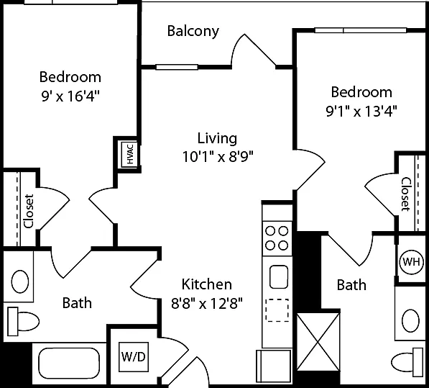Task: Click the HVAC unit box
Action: click(x=129, y=154)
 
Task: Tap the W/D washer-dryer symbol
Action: click(x=134, y=357)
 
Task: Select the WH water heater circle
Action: click(x=411, y=262)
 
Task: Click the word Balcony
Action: click(x=193, y=31)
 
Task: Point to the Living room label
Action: click(x=217, y=138)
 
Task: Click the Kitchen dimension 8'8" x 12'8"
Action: click(x=207, y=304)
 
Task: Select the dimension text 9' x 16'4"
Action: click(x=70, y=96)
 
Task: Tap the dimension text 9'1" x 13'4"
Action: click(x=361, y=112)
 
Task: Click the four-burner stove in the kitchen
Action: click(x=277, y=238)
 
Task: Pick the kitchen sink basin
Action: click(x=279, y=276)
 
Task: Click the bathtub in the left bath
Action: click(x=69, y=364)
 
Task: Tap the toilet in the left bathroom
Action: click(x=23, y=321)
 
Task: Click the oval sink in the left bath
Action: click(x=20, y=281)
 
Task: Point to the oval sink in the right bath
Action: click(x=410, y=321)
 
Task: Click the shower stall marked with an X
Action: click(x=318, y=342)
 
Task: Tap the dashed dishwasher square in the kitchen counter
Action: click(x=277, y=310)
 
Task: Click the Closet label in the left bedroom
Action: click(x=29, y=211)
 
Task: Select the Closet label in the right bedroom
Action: click(x=406, y=194)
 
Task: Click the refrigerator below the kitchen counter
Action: click(x=274, y=366)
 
